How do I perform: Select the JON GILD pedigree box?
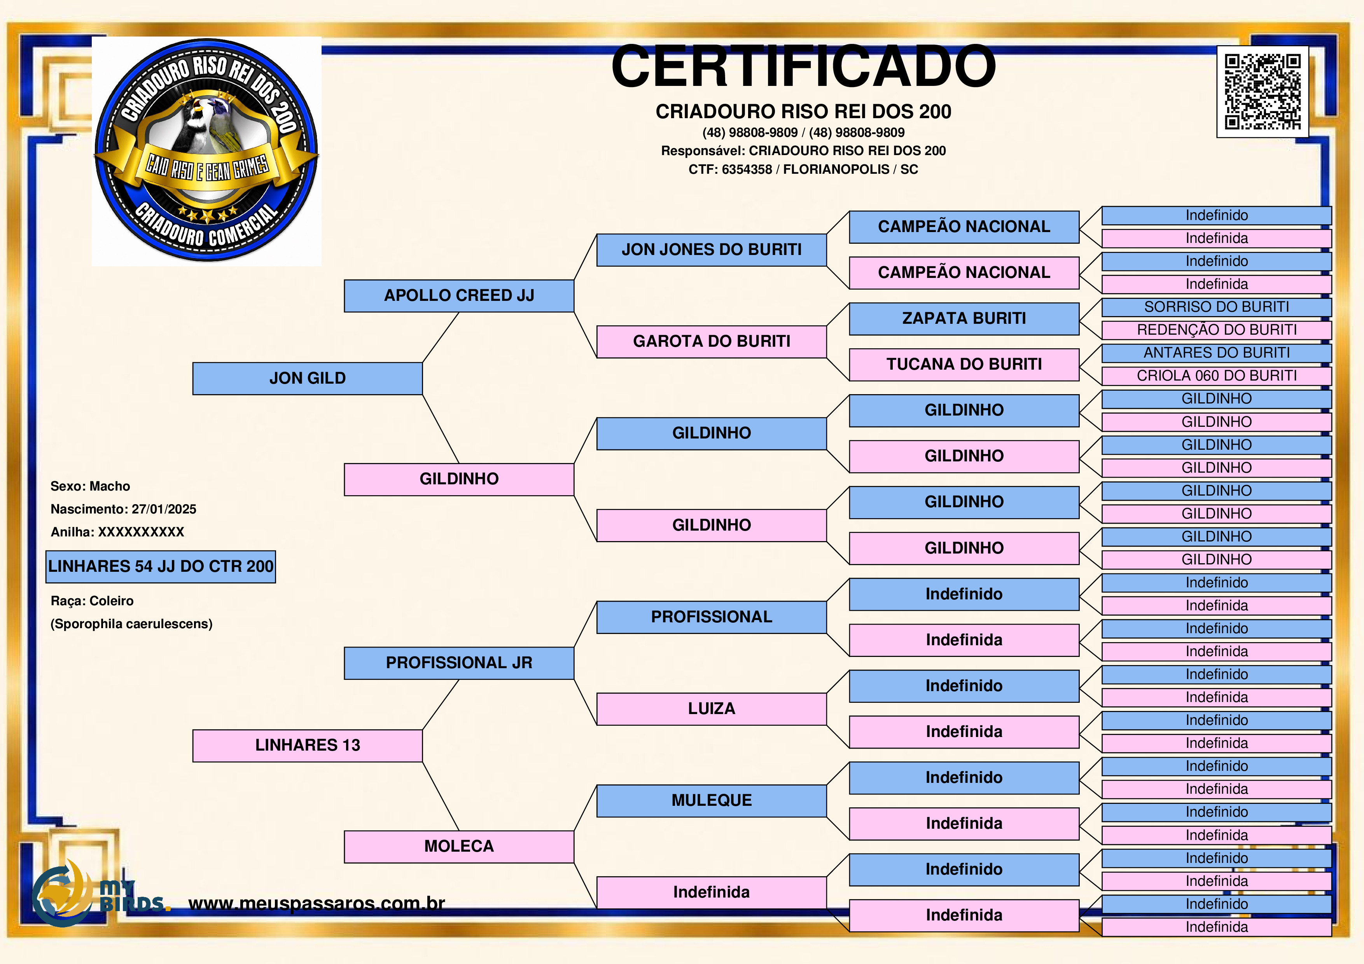coord(308,378)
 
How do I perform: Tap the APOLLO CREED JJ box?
coord(459,296)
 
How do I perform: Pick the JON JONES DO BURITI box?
coord(712,250)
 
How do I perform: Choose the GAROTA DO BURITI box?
coord(712,342)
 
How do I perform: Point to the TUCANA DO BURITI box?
coord(964,365)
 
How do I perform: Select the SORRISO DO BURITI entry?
coord(1217,307)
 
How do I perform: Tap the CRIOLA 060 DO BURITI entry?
coord(1217,376)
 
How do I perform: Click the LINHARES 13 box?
coord(308,746)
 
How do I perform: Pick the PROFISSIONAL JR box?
coord(459,663)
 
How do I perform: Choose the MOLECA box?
coord(459,846)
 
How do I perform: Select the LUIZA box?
coord(712,709)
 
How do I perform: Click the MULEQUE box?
coord(712,801)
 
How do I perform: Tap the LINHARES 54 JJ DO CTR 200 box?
coord(161,567)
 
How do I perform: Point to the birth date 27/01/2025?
coord(164,509)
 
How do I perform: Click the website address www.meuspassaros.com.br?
coord(317,903)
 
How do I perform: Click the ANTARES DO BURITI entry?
coord(1217,353)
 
